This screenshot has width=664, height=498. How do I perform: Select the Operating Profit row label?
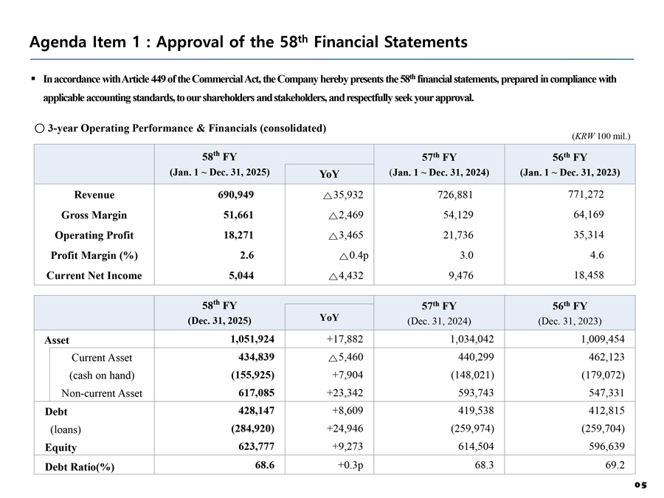click(x=94, y=235)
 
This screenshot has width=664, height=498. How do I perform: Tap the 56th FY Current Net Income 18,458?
click(x=589, y=275)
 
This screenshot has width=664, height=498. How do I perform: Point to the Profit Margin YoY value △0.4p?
click(x=354, y=256)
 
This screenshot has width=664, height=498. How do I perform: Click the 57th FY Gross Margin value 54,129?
click(x=458, y=215)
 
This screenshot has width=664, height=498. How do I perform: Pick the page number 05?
click(x=640, y=485)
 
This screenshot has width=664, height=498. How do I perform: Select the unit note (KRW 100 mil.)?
click(x=601, y=136)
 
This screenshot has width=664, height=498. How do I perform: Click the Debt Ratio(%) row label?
click(x=80, y=467)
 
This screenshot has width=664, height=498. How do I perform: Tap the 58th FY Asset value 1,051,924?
click(x=252, y=339)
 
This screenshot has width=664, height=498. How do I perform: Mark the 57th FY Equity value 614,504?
click(x=476, y=446)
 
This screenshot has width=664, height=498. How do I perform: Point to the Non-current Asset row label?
click(x=102, y=393)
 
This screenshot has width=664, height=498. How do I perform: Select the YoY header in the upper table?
click(x=329, y=174)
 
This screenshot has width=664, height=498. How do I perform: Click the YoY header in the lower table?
click(x=329, y=317)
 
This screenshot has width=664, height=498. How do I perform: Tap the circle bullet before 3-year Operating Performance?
click(x=39, y=128)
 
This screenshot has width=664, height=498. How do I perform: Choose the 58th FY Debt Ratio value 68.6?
click(x=265, y=466)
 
